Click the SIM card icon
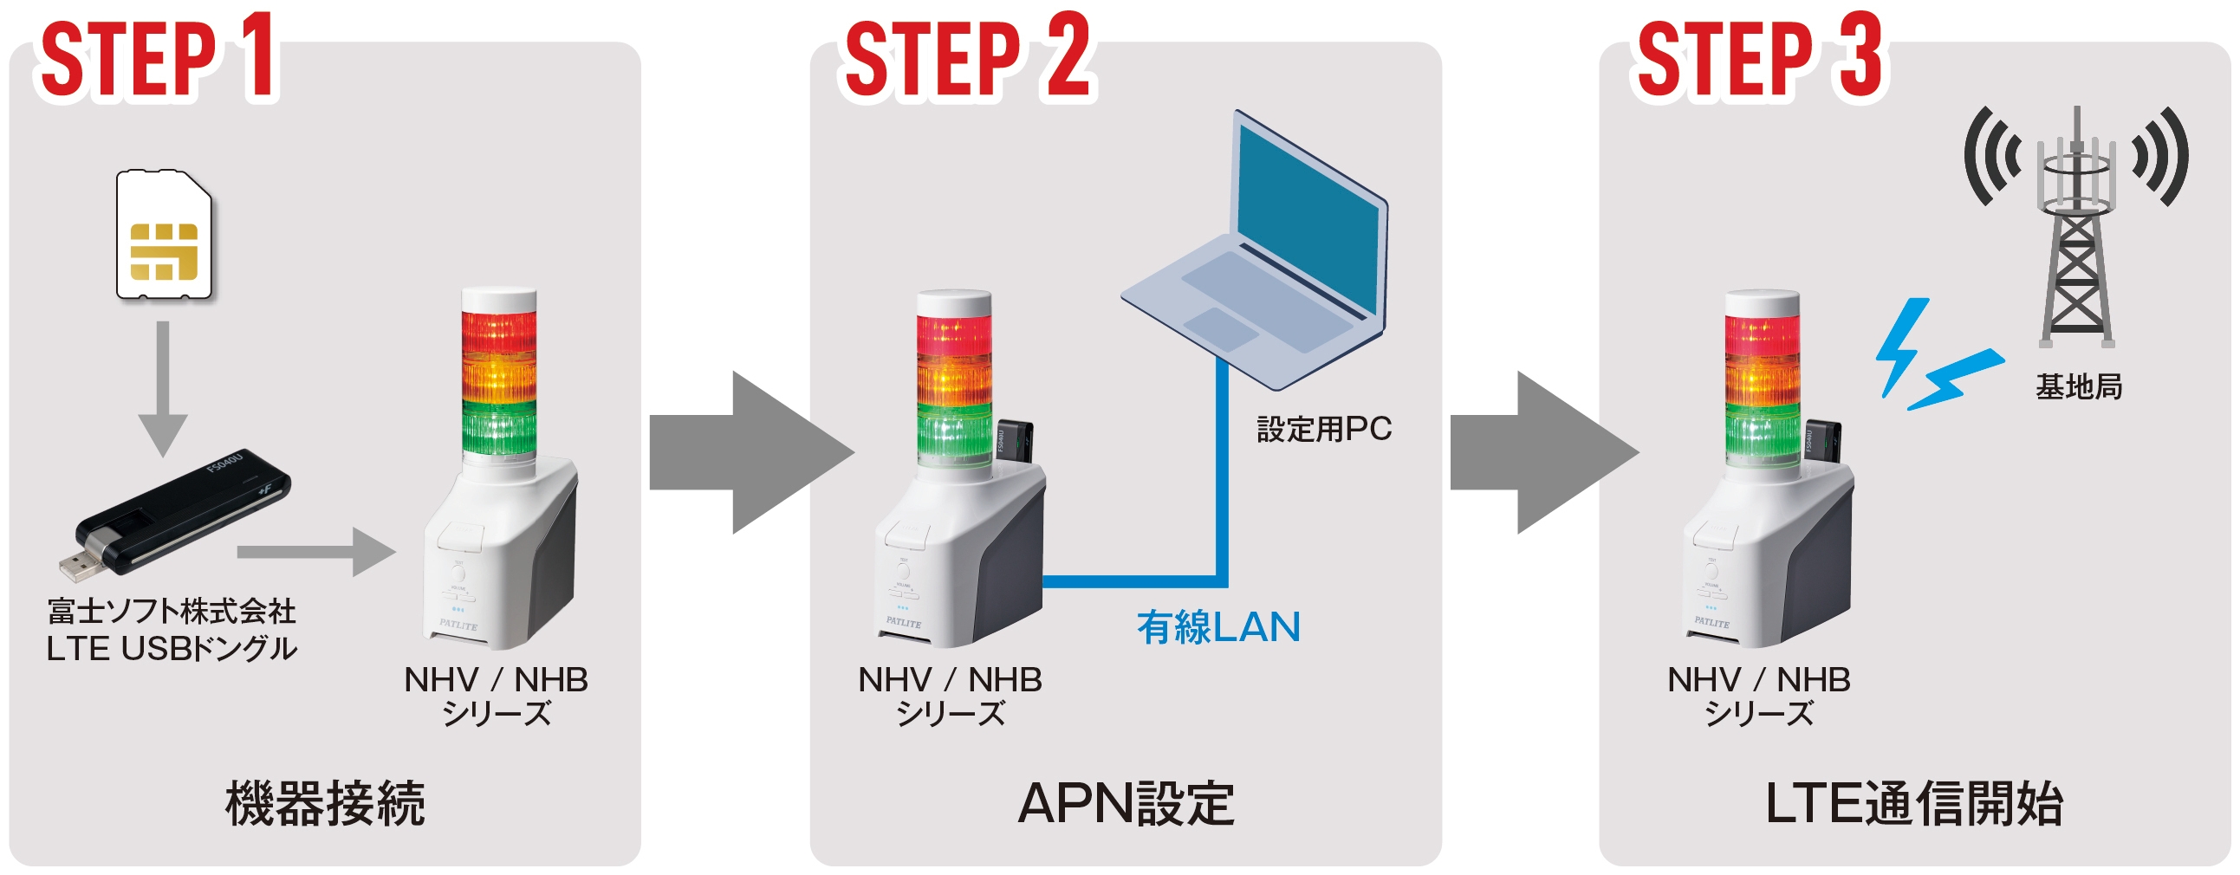pyautogui.click(x=165, y=236)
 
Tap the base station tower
pyautogui.click(x=2076, y=235)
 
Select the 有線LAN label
pyautogui.click(x=1218, y=627)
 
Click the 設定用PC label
pyautogui.click(x=1323, y=429)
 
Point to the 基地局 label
pyautogui.click(x=2078, y=386)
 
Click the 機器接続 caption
pyautogui.click(x=325, y=803)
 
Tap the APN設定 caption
pyautogui.click(x=1126, y=803)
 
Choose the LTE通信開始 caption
pyautogui.click(x=1914, y=803)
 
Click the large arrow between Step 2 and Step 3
pyautogui.click(x=1539, y=452)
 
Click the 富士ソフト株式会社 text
pyautogui.click(x=172, y=612)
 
